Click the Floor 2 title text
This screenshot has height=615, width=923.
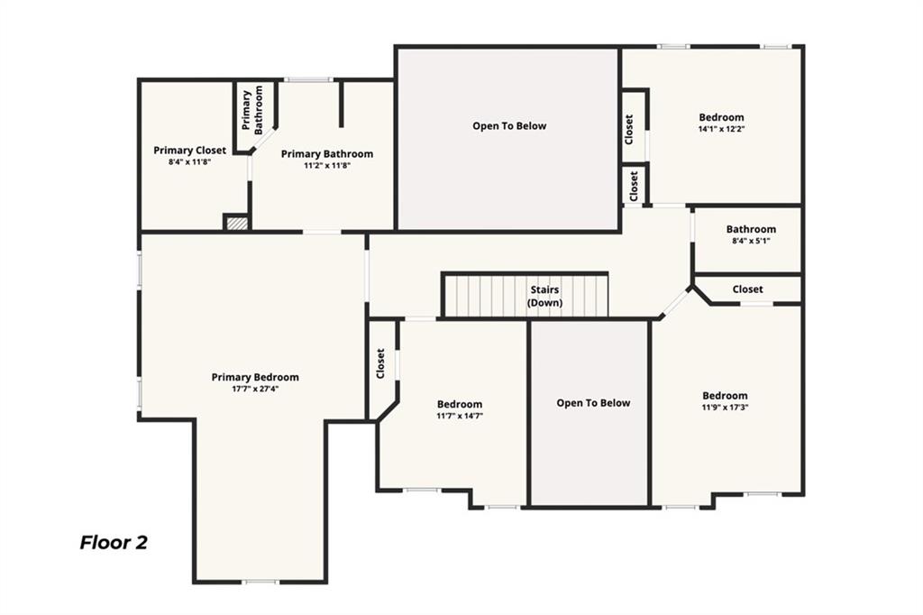click(x=114, y=543)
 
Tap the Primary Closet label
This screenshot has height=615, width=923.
click(x=189, y=151)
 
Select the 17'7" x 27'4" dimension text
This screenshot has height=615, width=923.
click(x=255, y=390)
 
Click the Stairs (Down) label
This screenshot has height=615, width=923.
click(x=544, y=297)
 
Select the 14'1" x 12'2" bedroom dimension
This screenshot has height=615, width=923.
click(x=721, y=129)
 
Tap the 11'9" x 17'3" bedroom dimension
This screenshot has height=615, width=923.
click(x=725, y=408)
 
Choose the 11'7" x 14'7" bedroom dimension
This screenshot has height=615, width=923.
click(x=460, y=416)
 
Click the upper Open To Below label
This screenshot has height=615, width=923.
click(x=509, y=126)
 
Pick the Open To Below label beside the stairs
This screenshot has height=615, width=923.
click(x=593, y=403)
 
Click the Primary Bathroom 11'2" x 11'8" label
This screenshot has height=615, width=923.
click(x=326, y=160)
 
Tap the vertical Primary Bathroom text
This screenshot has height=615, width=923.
click(x=252, y=111)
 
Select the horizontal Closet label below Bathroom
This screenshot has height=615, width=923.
click(x=747, y=289)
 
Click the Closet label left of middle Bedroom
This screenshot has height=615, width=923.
click(x=380, y=363)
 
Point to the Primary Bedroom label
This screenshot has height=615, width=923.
click(x=255, y=377)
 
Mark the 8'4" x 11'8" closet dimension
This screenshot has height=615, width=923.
click(x=189, y=162)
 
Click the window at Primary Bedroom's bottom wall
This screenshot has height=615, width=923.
click(x=260, y=582)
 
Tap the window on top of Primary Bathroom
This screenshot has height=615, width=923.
click(x=308, y=80)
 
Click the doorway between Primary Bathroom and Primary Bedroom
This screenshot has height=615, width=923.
click(x=322, y=233)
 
